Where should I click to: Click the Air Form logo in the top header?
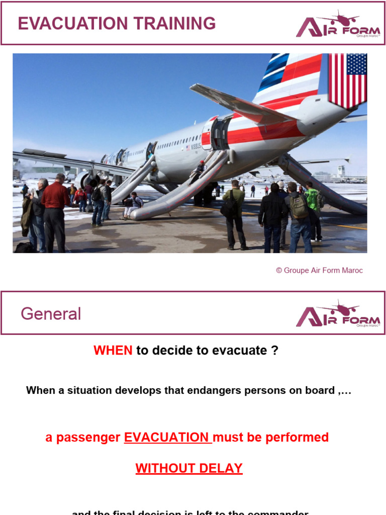pos(338,25)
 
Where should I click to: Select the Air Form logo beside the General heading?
pos(338,314)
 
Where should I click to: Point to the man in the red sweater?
pos(55,211)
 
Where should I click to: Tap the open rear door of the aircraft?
pos(220,134)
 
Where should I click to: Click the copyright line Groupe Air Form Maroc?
pos(319,271)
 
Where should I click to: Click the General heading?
pos(51,314)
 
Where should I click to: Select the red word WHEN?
pos(113,351)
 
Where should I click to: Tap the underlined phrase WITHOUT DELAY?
pos(189,468)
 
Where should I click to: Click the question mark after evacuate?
pos(274,351)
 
